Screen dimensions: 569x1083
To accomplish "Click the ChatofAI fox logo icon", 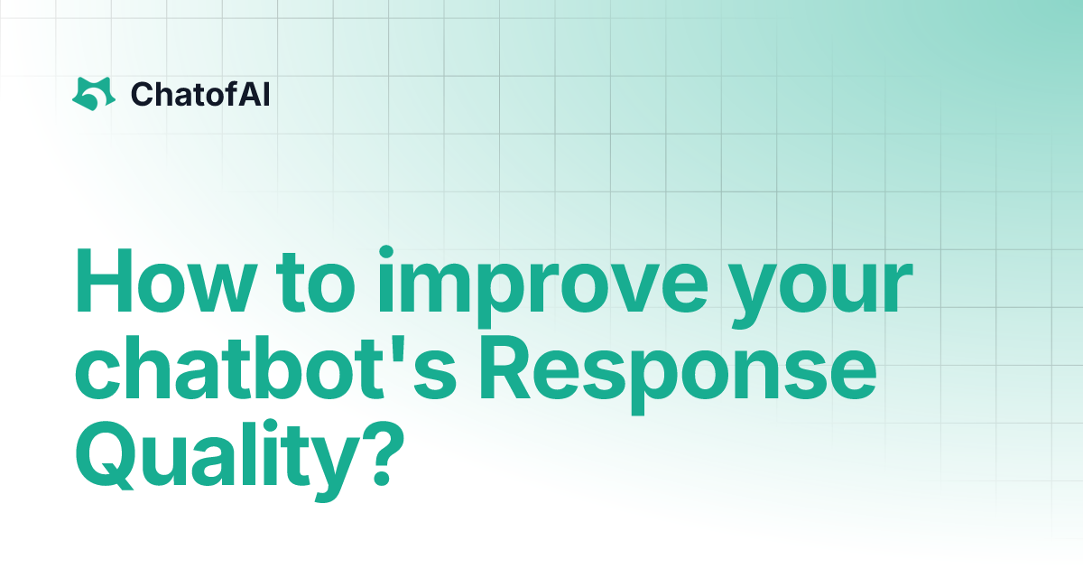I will point(94,93).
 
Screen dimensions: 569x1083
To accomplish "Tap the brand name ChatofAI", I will point(199,93).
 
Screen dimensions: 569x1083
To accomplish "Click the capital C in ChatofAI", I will point(140,93).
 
